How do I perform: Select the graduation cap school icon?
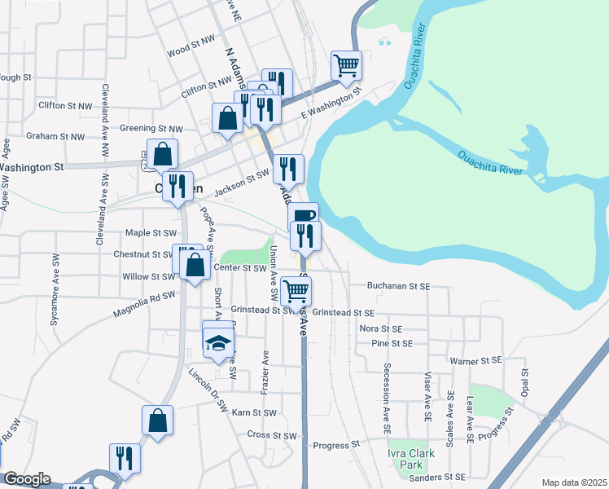[217, 341]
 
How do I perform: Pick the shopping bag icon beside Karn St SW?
[158, 421]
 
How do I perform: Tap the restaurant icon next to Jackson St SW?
[288, 169]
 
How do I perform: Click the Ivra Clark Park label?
[411, 458]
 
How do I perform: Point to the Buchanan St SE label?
[397, 286]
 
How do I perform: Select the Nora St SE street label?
[382, 328]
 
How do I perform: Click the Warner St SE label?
[475, 359]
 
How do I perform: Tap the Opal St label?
[525, 382]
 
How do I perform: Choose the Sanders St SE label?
[436, 477]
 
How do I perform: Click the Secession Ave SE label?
[388, 393]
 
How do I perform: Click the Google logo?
[27, 479]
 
